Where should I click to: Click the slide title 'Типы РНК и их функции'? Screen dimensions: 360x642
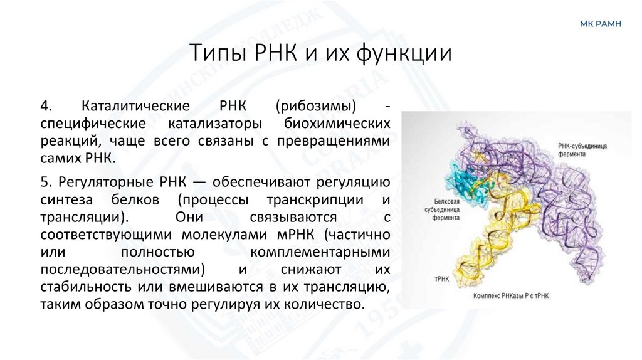coord(320,53)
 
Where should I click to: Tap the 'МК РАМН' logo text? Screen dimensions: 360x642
coord(601,24)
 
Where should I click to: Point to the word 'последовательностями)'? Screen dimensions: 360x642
coord(124,270)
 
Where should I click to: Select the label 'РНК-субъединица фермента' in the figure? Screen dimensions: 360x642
coord(586,149)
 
